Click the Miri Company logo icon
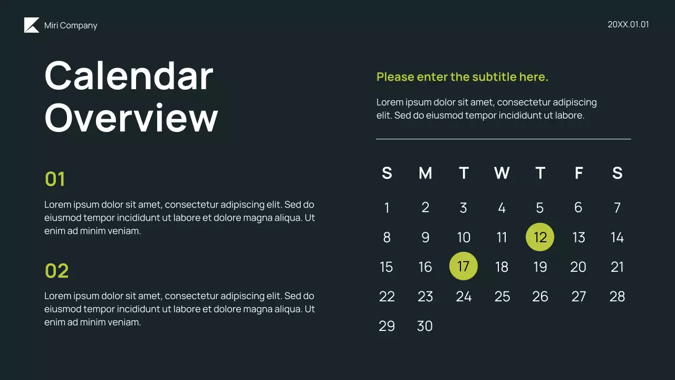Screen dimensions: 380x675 [32, 25]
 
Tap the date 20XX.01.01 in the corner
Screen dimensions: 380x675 [628, 24]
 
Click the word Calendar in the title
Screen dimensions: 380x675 [129, 75]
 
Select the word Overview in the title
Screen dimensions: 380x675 [131, 117]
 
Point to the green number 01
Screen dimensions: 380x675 [55, 179]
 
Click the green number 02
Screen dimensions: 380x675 [56, 271]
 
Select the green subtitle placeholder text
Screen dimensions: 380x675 [462, 77]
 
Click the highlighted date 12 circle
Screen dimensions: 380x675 [540, 237]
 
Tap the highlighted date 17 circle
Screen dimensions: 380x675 [463, 267]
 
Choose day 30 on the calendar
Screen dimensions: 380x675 [425, 326]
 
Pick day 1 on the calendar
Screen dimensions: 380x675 [387, 208]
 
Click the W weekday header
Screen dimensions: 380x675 [502, 173]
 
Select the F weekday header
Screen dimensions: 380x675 [578, 173]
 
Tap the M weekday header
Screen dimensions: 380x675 [425, 173]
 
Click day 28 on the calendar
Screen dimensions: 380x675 [617, 297]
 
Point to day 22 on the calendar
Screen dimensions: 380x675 [387, 297]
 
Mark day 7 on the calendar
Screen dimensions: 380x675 [617, 208]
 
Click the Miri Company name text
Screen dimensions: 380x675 [71, 25]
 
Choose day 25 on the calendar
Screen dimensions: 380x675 [502, 297]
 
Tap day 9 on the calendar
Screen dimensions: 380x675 [425, 237]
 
